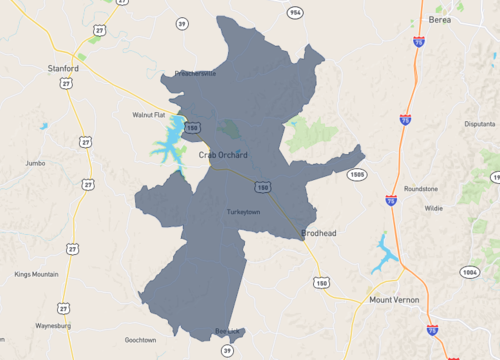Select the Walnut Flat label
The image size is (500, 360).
pyautogui.click(x=148, y=115)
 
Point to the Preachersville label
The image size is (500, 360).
pyautogui.click(x=195, y=73)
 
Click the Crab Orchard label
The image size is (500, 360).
pyautogui.click(x=223, y=155)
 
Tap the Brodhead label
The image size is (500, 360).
pyautogui.click(x=318, y=234)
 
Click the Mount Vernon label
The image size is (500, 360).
pyautogui.click(x=393, y=300)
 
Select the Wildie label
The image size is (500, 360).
pyautogui.click(x=433, y=209)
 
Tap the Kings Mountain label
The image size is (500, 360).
pyautogui.click(x=36, y=274)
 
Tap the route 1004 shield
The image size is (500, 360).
pyautogui.click(x=470, y=271)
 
